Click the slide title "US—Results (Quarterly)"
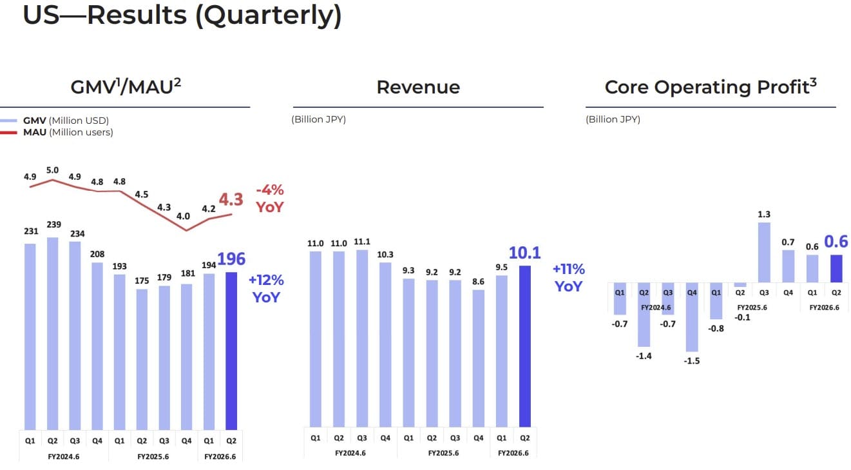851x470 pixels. pos(182,15)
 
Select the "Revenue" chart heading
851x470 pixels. pos(418,87)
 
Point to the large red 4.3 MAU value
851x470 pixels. pos(231,199)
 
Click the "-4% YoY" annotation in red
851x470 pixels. pos(269,199)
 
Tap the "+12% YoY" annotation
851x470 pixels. pos(267,288)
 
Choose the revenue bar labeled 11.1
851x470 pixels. pos(362,338)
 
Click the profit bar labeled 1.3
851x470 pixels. pos(764,252)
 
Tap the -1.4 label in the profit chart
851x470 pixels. pos(644,356)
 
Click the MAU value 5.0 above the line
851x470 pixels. pos(52,170)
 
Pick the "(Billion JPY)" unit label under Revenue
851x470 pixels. pos(318,119)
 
